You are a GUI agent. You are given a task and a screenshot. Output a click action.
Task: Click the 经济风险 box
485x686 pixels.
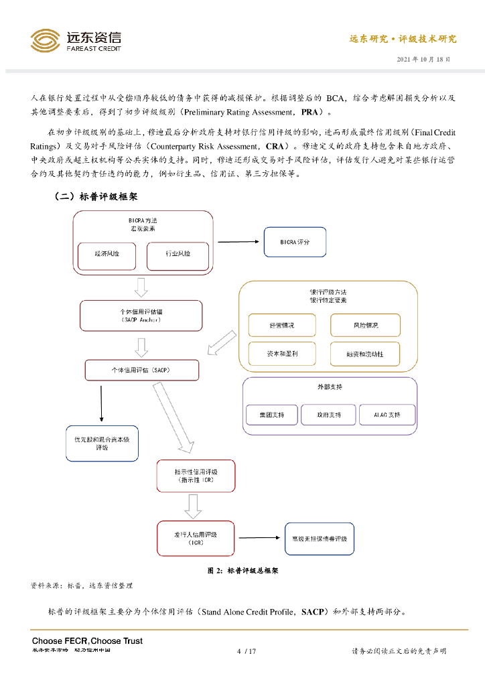tap(107, 255)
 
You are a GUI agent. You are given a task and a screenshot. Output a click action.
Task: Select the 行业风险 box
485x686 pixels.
tap(178, 255)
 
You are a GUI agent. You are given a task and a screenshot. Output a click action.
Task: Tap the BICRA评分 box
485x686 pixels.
tap(295, 242)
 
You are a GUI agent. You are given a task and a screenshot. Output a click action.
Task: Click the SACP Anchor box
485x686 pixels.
tap(141, 316)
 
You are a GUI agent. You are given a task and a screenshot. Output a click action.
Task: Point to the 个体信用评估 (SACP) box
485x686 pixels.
tap(142, 370)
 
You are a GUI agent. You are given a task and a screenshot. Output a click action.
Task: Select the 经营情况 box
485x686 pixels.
tap(281, 325)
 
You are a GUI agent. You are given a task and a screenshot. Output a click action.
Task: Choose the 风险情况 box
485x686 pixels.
tap(365, 325)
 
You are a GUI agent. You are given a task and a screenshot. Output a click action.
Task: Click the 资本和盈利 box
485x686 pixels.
tap(281, 353)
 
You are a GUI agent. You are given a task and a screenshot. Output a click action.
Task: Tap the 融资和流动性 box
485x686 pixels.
tap(365, 353)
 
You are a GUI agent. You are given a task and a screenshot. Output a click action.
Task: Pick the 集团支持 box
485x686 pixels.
tap(271, 415)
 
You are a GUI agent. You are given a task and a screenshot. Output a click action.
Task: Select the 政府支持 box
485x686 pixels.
tap(328, 415)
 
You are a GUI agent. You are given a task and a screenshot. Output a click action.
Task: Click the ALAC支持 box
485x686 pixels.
tap(387, 415)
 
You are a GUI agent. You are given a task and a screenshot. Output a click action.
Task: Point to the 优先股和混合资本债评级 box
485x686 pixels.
tap(102, 443)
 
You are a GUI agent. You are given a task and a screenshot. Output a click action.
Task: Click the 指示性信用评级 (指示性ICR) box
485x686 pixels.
tap(196, 476)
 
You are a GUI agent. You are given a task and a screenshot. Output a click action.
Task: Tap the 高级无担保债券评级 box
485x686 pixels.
tap(319, 539)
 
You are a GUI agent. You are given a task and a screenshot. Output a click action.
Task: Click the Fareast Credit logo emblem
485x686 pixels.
tap(45, 40)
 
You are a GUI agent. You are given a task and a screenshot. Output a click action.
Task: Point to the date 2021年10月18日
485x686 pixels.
tap(423, 59)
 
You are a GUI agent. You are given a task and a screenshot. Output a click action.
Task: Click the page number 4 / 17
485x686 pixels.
tap(247, 650)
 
